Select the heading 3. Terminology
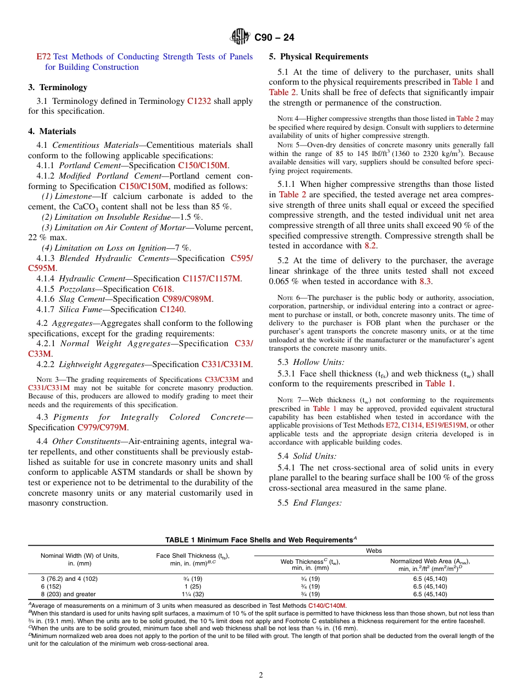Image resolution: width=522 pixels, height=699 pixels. click(58, 87)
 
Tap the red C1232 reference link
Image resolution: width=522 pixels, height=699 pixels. click(199, 101)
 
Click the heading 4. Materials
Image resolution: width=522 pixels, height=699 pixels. click(52, 131)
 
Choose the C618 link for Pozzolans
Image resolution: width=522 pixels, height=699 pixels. click(163, 289)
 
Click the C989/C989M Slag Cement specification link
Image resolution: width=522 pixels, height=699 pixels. click(187, 299)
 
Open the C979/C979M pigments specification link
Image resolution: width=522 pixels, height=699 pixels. click(102, 427)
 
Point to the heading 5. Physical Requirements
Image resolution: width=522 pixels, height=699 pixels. click(319, 57)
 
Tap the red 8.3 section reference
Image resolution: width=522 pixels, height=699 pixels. click(425, 281)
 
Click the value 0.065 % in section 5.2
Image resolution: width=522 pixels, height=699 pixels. click(284, 281)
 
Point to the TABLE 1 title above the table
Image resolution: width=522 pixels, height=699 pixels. click(260, 540)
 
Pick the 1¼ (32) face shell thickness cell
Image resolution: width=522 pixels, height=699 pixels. click(192, 594)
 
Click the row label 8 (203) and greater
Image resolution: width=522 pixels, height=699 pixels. click(68, 594)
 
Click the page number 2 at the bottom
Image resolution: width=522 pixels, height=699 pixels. click(261, 675)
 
